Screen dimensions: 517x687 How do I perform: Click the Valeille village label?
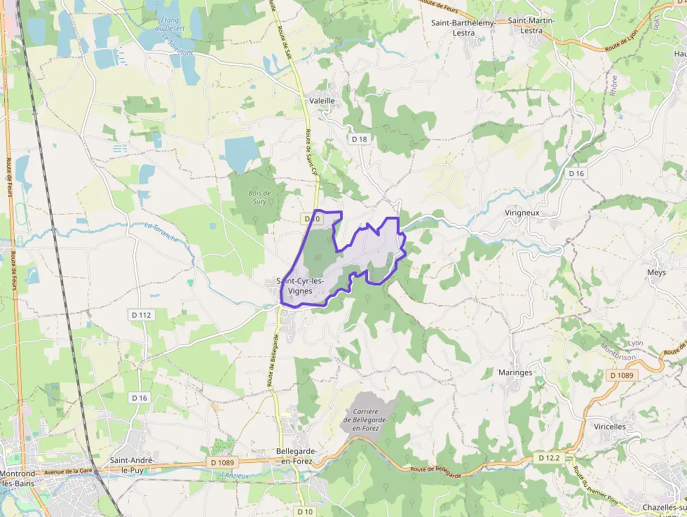(x=322, y=101)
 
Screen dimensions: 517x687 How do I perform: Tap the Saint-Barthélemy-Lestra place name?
(x=464, y=27)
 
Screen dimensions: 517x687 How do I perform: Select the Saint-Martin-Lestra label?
(x=531, y=26)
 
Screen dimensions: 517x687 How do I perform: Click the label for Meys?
(x=657, y=272)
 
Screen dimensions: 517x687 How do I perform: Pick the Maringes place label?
(x=515, y=372)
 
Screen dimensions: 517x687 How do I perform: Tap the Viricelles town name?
(x=609, y=427)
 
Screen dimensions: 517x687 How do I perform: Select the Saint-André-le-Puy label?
(x=132, y=464)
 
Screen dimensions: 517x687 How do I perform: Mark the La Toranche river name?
(x=161, y=232)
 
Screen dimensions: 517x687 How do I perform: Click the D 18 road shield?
(x=360, y=139)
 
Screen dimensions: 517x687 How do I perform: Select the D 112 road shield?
(x=140, y=315)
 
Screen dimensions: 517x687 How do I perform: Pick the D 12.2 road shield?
(x=549, y=457)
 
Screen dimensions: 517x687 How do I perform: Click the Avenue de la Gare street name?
(x=69, y=471)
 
